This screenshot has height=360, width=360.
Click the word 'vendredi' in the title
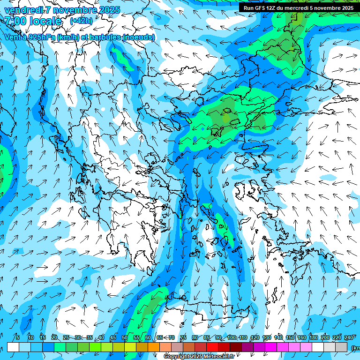pos(23,10)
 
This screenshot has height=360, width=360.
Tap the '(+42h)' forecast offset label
pos(81,21)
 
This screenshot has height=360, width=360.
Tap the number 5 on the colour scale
pos(17,337)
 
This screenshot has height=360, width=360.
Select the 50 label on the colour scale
pos(125,337)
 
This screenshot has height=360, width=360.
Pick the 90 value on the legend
pos(218,337)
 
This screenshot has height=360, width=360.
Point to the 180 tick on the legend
pos(313,337)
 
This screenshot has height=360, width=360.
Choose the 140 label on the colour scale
pos(278,337)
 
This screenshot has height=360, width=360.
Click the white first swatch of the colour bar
pos(13,347)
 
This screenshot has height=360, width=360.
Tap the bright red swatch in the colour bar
pos(212,347)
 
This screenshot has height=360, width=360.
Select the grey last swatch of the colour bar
pos(341,347)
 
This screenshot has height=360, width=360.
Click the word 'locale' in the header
pos(45,21)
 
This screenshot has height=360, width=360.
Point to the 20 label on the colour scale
pos(54,337)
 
